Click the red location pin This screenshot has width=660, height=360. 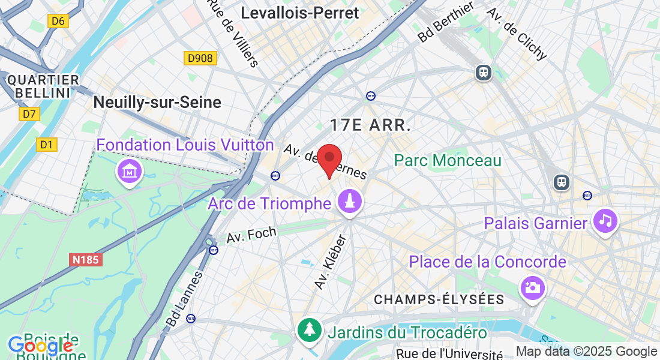pos(329,159)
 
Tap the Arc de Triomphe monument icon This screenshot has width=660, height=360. pos(350,202)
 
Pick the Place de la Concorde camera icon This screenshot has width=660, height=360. pos(532,288)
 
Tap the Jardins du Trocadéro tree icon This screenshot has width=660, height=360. pos(309,329)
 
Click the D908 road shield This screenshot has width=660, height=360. pos(200,58)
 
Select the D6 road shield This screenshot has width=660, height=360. pos(58,22)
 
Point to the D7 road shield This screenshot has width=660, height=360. pos(29,113)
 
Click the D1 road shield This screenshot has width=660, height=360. pos(46,144)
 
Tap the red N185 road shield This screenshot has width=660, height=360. pos(86,259)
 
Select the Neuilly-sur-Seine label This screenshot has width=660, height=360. pos(157,102)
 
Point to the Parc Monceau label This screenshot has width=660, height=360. pos(447,160)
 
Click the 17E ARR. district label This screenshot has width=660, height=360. pos(370,125)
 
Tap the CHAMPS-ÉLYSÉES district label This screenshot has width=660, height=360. pos(438,299)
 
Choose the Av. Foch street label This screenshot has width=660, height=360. pos(251,235)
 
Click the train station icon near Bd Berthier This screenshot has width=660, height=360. pos(483,73)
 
